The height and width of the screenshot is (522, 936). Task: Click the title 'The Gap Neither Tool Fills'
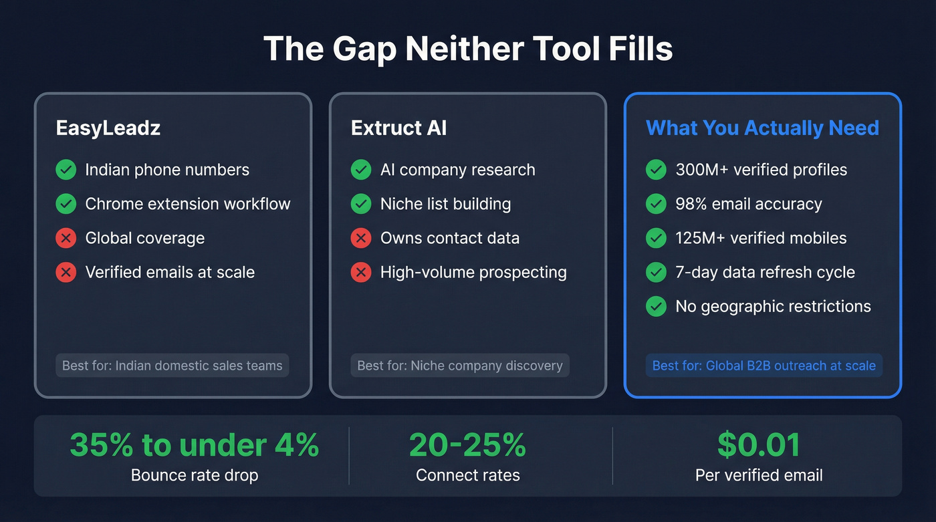pos(468,49)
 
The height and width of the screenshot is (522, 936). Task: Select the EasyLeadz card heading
pos(108,128)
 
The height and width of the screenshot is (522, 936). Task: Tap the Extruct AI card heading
pos(398,128)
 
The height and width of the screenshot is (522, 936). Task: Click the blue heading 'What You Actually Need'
pos(762,128)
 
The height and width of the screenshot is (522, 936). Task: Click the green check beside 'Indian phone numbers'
pos(66,170)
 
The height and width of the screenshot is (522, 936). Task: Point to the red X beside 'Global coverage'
pos(66,238)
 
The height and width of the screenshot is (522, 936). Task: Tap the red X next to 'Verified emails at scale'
pos(66,272)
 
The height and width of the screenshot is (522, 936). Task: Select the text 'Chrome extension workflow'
pos(188,204)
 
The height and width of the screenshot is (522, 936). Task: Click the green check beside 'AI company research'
pos(361,170)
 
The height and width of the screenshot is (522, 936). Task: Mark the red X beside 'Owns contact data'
pos(361,238)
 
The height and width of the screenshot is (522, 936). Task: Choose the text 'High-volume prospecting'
pos(473,272)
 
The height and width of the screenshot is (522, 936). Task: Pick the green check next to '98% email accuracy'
pos(656,204)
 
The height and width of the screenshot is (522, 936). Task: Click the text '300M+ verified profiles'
pos(761,170)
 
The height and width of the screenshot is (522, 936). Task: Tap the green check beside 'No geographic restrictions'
pos(656,306)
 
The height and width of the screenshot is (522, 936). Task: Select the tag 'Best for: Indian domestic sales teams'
pos(172,366)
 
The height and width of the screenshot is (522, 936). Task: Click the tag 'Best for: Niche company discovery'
pos(460,366)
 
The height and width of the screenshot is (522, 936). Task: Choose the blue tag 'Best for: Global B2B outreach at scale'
pos(764,366)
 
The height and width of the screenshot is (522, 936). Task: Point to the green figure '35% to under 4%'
pos(194,445)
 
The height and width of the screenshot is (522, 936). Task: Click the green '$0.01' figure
pos(759,445)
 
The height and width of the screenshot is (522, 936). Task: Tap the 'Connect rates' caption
pos(468,475)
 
